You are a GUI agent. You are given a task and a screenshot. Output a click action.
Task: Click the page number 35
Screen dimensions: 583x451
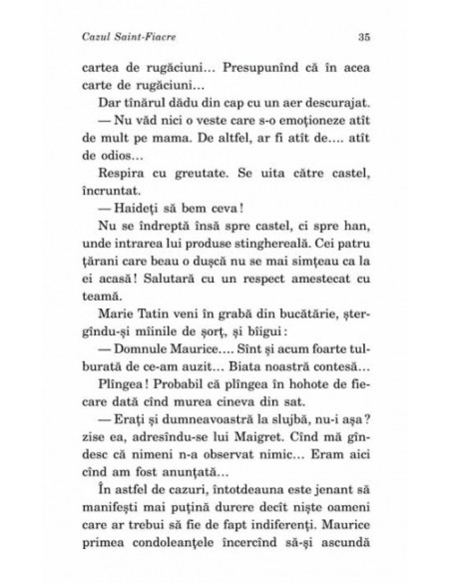click(363, 37)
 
